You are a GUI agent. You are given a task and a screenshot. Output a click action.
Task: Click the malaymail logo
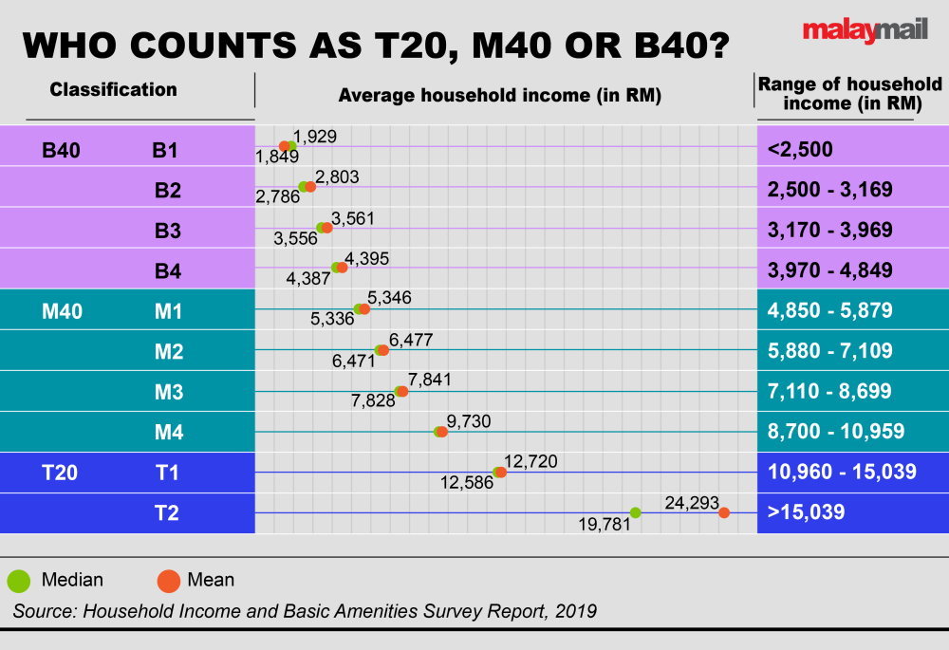tap(862, 30)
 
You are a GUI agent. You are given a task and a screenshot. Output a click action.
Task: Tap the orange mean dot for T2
tap(724, 512)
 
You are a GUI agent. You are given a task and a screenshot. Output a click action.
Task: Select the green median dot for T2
tap(636, 512)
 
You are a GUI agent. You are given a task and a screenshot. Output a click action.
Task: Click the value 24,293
tap(693, 503)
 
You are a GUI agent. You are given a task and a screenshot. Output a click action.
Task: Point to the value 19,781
tap(604, 523)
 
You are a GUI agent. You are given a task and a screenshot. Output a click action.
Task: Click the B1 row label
tap(165, 149)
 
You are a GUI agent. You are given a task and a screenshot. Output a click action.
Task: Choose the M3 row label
tap(168, 393)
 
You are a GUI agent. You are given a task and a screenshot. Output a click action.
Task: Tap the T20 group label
tap(60, 473)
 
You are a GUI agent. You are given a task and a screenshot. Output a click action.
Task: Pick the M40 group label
tap(63, 311)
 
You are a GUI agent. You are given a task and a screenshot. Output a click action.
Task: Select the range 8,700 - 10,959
tap(835, 433)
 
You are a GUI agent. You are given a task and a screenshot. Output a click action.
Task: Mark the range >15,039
tap(807, 513)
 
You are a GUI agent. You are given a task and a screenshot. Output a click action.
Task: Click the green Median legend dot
tap(19, 580)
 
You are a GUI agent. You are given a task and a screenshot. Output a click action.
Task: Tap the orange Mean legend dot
tap(169, 580)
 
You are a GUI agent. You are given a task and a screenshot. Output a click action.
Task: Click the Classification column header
tap(113, 90)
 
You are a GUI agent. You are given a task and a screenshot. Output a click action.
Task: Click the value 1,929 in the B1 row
tap(315, 138)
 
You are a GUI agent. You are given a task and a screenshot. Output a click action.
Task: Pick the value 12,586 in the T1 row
tap(467, 483)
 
